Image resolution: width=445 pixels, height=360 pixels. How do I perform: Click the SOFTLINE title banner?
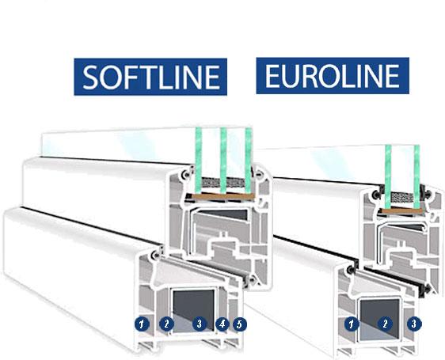pyautogui.click(x=150, y=77)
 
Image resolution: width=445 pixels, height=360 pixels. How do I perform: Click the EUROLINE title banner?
pyautogui.click(x=333, y=76)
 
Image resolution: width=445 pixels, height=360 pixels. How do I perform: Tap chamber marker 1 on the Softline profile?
pyautogui.click(x=143, y=324)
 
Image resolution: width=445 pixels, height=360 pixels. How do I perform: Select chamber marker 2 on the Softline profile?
pyautogui.click(x=166, y=324)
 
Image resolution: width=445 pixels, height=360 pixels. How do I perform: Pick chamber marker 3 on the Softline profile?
pyautogui.click(x=200, y=324)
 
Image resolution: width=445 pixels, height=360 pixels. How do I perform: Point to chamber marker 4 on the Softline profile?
pyautogui.click(x=222, y=324)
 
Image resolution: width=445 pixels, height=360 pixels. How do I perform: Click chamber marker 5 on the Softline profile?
pyautogui.click(x=240, y=324)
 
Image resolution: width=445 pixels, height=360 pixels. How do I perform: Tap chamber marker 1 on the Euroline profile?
pyautogui.click(x=352, y=324)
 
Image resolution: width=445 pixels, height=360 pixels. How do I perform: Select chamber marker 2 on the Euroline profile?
pyautogui.click(x=385, y=324)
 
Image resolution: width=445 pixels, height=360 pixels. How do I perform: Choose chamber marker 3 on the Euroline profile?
pyautogui.click(x=414, y=324)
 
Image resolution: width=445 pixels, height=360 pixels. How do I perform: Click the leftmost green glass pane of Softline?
pyautogui.click(x=199, y=161)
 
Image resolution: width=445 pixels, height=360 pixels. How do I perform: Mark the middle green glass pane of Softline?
pyautogui.click(x=223, y=161)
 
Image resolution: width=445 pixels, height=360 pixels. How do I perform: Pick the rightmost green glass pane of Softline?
pyautogui.click(x=249, y=161)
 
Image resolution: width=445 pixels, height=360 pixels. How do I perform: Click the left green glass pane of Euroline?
pyautogui.click(x=388, y=176)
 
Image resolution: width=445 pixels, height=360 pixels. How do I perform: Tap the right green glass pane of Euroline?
pyautogui.click(x=416, y=176)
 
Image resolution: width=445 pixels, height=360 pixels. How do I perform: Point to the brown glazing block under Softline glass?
pyautogui.click(x=222, y=197)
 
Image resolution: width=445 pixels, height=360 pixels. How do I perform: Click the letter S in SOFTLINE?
pyautogui.click(x=90, y=77)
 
